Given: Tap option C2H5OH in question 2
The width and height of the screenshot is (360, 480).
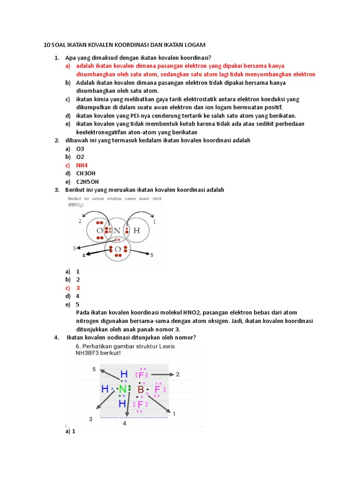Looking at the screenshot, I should [87, 182].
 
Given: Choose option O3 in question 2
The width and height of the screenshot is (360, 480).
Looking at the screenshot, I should [80, 149].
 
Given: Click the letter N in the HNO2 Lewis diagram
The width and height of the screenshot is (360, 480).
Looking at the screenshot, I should [118, 231].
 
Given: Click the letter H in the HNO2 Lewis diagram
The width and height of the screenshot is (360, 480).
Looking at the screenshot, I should [136, 231].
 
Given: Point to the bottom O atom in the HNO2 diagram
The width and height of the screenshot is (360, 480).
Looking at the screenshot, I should [118, 248].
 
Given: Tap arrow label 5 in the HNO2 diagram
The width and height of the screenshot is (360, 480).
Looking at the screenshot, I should [151, 255].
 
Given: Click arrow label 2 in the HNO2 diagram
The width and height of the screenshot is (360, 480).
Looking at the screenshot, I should [80, 221].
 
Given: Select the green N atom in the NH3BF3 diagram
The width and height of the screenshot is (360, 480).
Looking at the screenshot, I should [123, 389].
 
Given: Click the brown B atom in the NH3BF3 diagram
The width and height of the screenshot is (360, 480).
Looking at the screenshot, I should [140, 390].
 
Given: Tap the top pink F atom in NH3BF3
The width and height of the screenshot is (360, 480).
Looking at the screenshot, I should [142, 375].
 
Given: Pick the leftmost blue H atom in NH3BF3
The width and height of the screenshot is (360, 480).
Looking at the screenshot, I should [105, 389].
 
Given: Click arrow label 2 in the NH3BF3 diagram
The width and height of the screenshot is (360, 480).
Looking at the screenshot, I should [178, 374].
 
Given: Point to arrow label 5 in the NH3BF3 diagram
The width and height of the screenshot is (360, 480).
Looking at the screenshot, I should [94, 369].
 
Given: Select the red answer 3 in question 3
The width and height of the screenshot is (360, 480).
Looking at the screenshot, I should [78, 288].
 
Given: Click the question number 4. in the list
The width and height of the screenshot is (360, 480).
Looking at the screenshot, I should [56, 337].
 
